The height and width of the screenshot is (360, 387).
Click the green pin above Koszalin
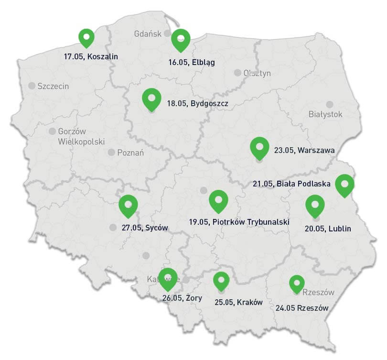point(86,37)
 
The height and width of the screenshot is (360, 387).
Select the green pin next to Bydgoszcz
point(151,99)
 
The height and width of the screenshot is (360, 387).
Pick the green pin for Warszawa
point(259,147)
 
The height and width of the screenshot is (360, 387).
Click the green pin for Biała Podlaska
point(344,185)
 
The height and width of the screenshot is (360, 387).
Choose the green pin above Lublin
point(315,206)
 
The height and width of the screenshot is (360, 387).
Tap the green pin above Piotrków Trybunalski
point(219,201)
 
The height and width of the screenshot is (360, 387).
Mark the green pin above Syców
point(128,206)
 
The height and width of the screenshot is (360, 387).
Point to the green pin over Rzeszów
point(297,284)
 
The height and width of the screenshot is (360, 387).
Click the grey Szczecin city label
point(53,87)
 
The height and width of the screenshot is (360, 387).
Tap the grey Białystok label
point(325,115)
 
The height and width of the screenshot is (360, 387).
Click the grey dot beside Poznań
point(111,153)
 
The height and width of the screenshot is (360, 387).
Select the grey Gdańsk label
point(148,33)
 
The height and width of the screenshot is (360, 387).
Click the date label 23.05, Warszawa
point(304,151)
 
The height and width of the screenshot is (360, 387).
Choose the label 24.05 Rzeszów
point(302,308)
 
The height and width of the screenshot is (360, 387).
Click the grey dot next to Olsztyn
point(237,73)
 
